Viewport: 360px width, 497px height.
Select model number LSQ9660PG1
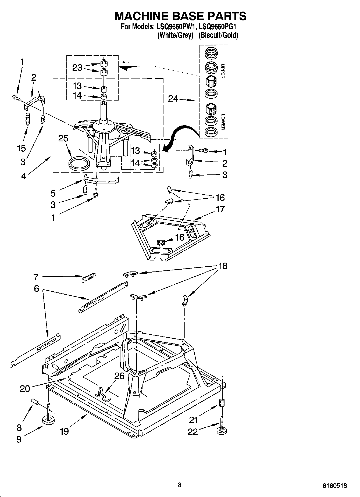216,27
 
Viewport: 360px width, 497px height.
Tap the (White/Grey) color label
175,35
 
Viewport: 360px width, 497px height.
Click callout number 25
63,138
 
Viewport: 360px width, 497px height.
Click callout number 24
173,99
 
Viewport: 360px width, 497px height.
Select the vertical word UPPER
222,71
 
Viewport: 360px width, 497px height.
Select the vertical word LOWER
222,122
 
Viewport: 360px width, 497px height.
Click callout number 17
220,209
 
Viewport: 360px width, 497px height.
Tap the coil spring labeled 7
88,277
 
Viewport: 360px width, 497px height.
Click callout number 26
119,376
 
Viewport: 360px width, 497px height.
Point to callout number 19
64,431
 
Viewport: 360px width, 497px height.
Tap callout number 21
194,420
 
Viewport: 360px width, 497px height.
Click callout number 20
25,388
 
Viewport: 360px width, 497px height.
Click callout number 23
77,67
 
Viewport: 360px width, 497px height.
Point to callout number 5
53,193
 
